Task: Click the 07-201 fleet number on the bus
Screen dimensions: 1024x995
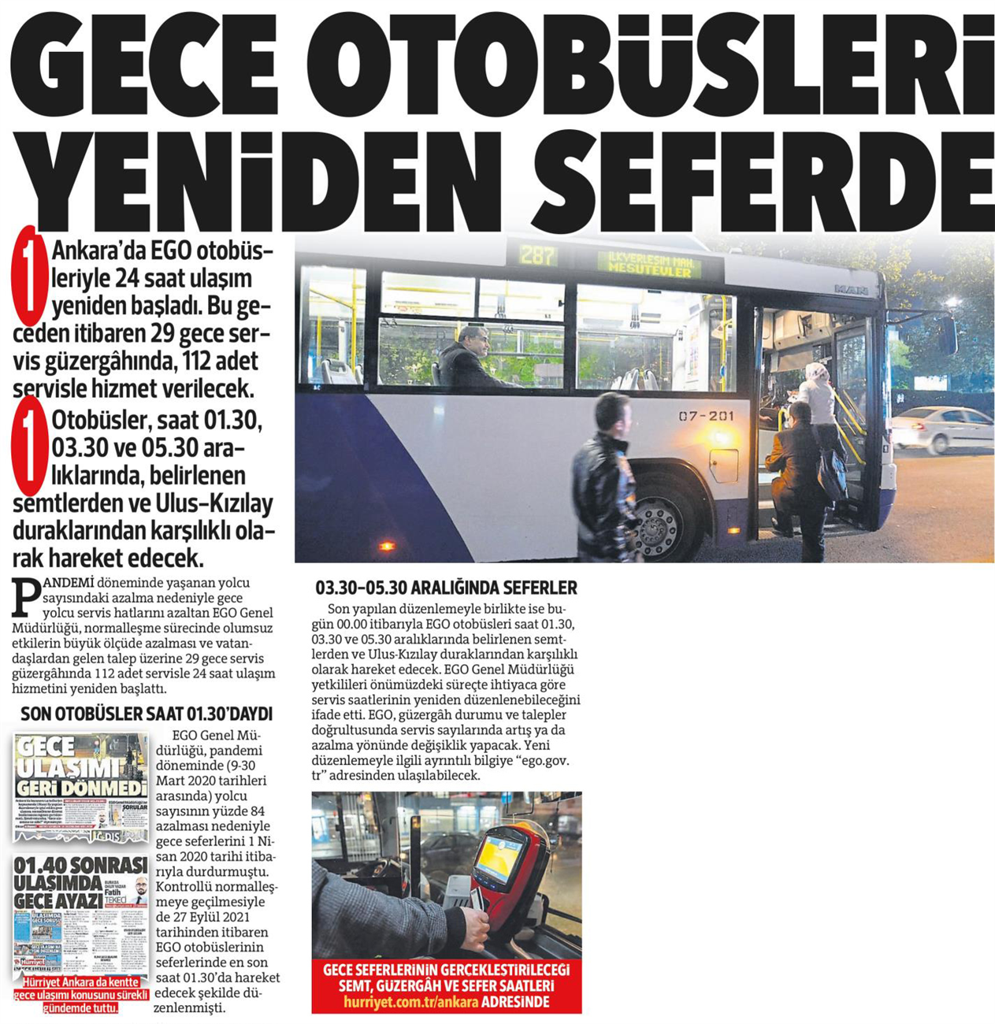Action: [706, 416]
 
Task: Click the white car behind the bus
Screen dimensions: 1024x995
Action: [941, 429]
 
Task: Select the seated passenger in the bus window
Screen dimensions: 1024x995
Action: [470, 358]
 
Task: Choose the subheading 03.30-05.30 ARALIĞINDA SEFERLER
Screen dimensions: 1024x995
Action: [446, 588]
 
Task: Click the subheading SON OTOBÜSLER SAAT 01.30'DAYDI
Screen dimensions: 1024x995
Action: [147, 714]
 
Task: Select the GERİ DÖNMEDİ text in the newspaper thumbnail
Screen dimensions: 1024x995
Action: [82, 788]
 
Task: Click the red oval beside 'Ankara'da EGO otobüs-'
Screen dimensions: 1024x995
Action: [29, 276]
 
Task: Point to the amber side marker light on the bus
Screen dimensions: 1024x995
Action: [386, 546]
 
